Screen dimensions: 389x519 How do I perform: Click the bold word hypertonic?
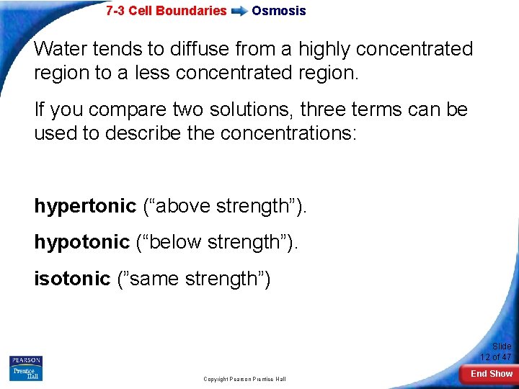84,207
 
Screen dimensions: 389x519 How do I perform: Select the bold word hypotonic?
81,243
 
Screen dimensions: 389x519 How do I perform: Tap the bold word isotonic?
72,279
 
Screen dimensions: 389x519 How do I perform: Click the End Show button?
491,373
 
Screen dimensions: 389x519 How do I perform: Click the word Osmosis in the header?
278,11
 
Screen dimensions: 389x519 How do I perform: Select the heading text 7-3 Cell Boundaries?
166,11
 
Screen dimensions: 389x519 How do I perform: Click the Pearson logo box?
25,360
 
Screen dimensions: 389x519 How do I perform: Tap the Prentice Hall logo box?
25,373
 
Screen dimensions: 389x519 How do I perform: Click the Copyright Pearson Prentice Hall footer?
244,379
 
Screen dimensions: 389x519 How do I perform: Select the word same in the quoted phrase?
154,279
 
